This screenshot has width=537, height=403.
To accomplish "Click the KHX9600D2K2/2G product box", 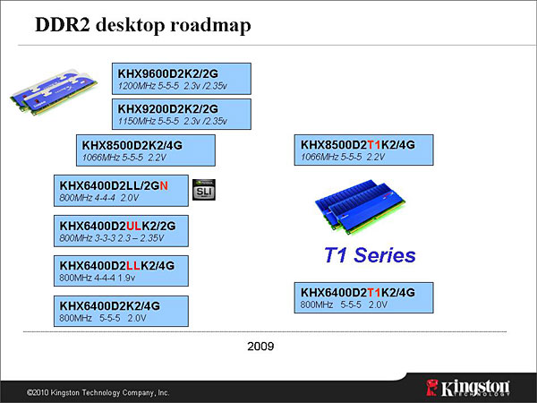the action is click(182, 79).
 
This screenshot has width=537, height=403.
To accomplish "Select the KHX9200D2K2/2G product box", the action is click(182, 114).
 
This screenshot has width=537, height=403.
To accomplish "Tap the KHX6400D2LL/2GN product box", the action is click(121, 191).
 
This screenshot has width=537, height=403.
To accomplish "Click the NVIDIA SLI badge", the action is click(204, 190).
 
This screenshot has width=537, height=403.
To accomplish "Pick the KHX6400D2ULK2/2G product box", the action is click(121, 231).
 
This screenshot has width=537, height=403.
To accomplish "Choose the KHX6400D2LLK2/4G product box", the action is click(121, 270).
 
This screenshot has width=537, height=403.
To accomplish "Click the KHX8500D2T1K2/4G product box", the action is click(363, 150).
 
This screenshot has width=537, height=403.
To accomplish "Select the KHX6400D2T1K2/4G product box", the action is click(363, 297).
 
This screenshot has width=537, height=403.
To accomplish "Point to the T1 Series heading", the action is click(370, 255).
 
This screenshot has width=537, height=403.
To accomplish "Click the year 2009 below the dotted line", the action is click(260, 346).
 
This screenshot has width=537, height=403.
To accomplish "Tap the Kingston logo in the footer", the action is click(468, 388).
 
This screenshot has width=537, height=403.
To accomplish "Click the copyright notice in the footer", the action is click(98, 392).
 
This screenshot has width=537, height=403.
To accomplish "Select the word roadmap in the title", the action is click(210, 25).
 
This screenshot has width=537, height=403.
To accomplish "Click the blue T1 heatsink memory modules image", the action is click(360, 206).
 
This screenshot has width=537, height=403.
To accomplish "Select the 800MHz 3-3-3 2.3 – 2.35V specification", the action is click(112, 238).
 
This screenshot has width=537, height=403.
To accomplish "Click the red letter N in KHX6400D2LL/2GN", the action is click(164, 185).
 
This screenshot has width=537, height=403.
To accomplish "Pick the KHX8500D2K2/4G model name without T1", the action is click(132, 145).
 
